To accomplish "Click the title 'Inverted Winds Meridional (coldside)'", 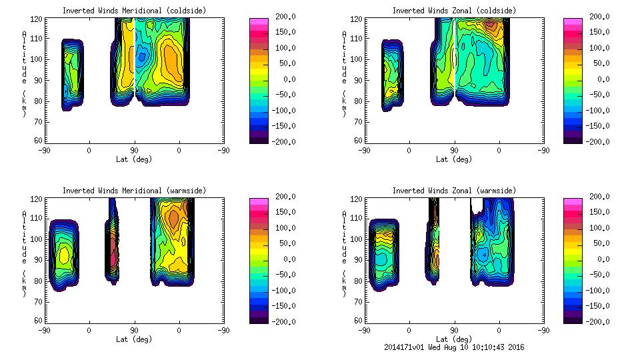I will (x=134, y=11).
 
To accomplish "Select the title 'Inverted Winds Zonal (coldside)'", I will (x=453, y=11).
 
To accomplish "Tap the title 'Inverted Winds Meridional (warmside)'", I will (x=134, y=191).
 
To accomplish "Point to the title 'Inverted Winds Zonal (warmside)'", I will (x=453, y=191).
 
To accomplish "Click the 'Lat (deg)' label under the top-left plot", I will (x=134, y=159).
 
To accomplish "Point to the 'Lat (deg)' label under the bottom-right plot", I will (x=453, y=339).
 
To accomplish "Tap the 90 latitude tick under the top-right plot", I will (x=453, y=151).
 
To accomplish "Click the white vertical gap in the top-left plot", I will (x=135, y=53).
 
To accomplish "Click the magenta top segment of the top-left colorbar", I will (x=259, y=21).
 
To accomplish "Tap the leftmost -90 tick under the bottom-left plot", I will (x=44, y=331).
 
